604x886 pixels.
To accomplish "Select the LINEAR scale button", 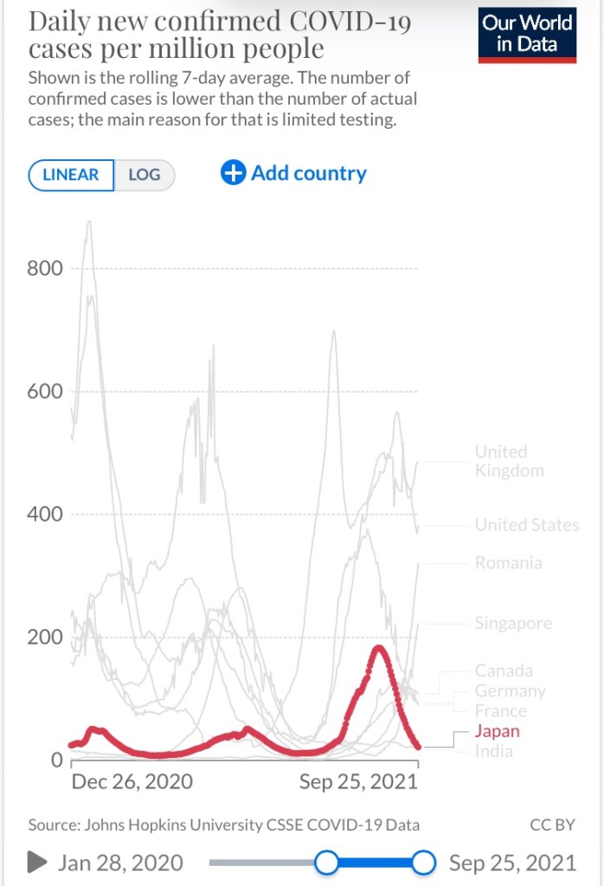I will click(71, 175).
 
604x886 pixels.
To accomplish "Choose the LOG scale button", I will click(145, 175).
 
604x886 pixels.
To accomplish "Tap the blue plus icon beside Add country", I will click(234, 173).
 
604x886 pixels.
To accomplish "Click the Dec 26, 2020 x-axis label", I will click(132, 782).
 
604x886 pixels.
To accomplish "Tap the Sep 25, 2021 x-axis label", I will click(358, 782).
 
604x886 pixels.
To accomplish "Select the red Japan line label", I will click(498, 731).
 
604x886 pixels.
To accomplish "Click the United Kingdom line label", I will click(509, 461).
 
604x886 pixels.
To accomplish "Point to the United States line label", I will click(527, 525).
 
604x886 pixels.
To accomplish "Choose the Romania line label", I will click(509, 563).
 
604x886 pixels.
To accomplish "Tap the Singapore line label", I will click(513, 624).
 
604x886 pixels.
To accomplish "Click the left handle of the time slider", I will click(326, 863).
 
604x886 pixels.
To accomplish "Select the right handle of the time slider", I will click(423, 863).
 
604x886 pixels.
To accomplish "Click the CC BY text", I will click(552, 825).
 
